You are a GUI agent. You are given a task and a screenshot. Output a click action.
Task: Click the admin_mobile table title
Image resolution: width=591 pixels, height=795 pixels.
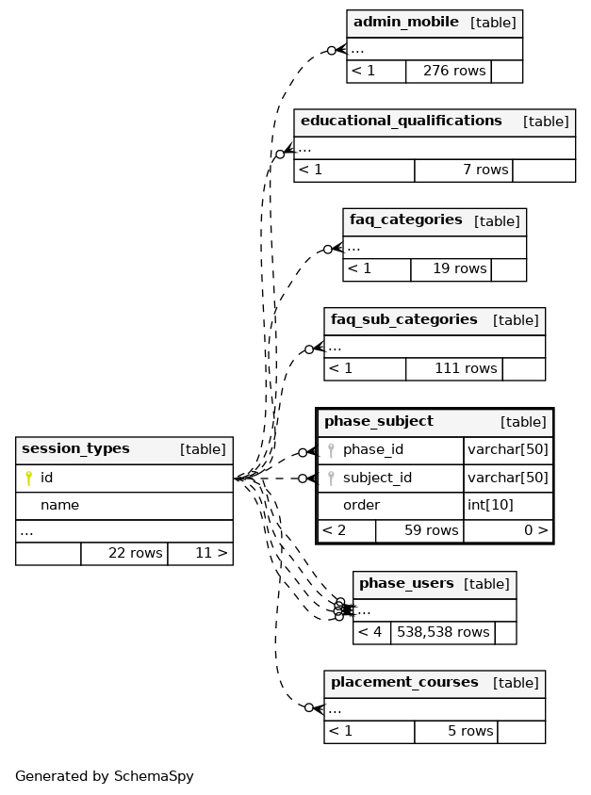coord(406,23)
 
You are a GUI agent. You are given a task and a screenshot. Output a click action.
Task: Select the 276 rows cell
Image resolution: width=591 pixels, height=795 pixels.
coord(449,72)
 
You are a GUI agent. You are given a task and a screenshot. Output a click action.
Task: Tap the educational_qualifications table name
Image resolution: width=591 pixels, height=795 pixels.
coord(402,122)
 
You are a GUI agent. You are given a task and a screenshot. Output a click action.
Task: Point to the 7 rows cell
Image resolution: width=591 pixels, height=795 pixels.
coord(464,170)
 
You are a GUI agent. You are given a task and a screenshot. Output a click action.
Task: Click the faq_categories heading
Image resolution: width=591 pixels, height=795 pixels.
coord(406,220)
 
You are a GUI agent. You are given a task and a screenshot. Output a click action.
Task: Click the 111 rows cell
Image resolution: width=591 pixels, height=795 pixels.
coord(454,369)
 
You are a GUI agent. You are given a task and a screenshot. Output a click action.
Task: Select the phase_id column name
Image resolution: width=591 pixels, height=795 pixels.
coord(373,450)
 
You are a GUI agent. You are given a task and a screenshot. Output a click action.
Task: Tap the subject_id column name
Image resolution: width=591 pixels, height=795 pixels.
coord(377,479)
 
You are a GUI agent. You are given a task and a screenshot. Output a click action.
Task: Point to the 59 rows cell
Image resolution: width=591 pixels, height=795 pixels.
coord(419,531)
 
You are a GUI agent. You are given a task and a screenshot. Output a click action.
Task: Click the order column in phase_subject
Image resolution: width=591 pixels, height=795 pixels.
coord(361,506)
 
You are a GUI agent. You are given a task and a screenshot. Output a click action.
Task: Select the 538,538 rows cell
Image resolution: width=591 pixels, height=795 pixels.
coord(443,633)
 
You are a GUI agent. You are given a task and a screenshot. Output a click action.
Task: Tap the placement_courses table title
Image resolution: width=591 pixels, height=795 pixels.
coord(404,683)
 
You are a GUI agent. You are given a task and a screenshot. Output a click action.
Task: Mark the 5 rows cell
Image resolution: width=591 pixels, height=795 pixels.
coord(456,732)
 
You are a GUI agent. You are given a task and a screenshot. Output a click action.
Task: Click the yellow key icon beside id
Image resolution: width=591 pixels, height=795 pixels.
coord(29,479)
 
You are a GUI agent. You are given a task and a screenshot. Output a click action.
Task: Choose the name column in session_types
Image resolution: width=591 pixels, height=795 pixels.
coord(59,506)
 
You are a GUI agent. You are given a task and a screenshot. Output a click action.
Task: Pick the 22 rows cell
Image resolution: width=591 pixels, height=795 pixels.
coord(124,554)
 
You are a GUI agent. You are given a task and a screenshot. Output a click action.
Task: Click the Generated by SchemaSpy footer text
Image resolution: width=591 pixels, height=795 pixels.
coord(105,777)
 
